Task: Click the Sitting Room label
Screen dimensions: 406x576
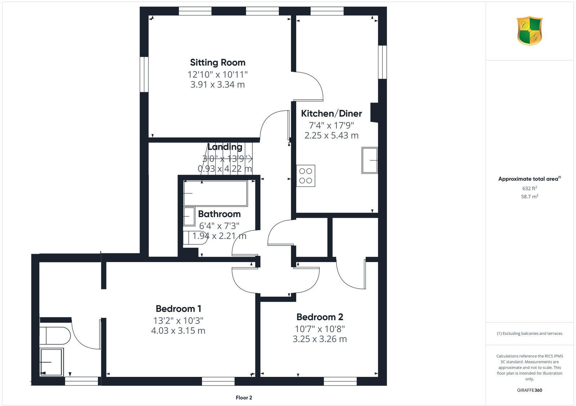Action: pyautogui.click(x=217, y=63)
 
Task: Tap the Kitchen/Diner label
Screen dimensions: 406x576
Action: pyautogui.click(x=331, y=114)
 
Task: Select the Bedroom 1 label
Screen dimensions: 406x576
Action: pyautogui.click(x=178, y=309)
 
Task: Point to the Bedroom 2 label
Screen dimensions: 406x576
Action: pyautogui.click(x=320, y=317)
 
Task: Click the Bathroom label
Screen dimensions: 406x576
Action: pyautogui.click(x=219, y=214)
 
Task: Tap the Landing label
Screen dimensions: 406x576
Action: pyautogui.click(x=225, y=147)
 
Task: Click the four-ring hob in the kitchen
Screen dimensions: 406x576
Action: pyautogui.click(x=306, y=176)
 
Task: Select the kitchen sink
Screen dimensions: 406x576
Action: pyautogui.click(x=370, y=160)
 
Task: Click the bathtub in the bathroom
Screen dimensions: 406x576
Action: pyautogui.click(x=215, y=193)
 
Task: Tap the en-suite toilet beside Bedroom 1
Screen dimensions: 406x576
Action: pyautogui.click(x=55, y=336)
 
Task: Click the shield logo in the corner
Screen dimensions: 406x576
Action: pyautogui.click(x=529, y=31)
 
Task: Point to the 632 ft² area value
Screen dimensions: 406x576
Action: pyautogui.click(x=530, y=188)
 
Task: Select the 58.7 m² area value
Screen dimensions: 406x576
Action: pyautogui.click(x=530, y=197)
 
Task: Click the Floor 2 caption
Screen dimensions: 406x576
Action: pyautogui.click(x=244, y=398)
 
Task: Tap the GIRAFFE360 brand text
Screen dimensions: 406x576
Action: pyautogui.click(x=530, y=390)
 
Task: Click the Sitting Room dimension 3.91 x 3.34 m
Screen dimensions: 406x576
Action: pyautogui.click(x=217, y=85)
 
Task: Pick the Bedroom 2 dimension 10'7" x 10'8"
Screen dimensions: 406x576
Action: pyautogui.click(x=320, y=329)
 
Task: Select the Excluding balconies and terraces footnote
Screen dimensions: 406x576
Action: pyautogui.click(x=530, y=334)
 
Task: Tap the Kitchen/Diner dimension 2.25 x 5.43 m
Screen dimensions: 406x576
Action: pyautogui.click(x=331, y=136)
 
